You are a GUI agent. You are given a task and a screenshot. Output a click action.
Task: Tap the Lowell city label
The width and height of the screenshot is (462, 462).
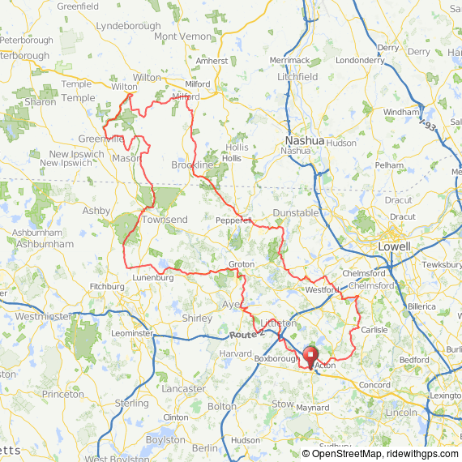(x=394, y=246)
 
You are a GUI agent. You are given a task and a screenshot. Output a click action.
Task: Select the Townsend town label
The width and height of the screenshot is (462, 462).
(x=165, y=220)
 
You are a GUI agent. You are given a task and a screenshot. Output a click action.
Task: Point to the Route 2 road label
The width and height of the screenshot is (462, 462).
(x=242, y=335)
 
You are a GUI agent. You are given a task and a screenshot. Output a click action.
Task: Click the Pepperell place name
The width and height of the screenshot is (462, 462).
(x=234, y=220)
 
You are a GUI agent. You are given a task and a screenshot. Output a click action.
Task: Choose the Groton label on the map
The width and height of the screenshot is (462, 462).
(x=242, y=264)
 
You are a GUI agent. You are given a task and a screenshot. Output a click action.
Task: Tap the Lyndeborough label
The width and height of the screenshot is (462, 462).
(x=128, y=26)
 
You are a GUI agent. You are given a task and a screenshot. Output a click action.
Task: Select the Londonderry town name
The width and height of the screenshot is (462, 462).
(x=359, y=60)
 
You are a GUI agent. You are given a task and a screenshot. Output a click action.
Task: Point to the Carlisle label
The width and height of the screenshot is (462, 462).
(x=374, y=330)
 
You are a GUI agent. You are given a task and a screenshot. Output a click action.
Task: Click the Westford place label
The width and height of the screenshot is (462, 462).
(x=321, y=289)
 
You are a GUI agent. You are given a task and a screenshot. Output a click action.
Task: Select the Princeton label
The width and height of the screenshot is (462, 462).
(x=63, y=394)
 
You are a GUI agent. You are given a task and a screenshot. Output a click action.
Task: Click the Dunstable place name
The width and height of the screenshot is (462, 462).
(x=295, y=212)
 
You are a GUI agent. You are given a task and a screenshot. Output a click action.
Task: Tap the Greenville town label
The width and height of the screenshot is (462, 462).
(x=101, y=139)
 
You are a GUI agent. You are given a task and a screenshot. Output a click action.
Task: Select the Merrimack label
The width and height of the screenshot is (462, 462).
(x=290, y=60)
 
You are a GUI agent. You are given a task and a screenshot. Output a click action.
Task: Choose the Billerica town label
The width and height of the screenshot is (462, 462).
(x=421, y=307)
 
